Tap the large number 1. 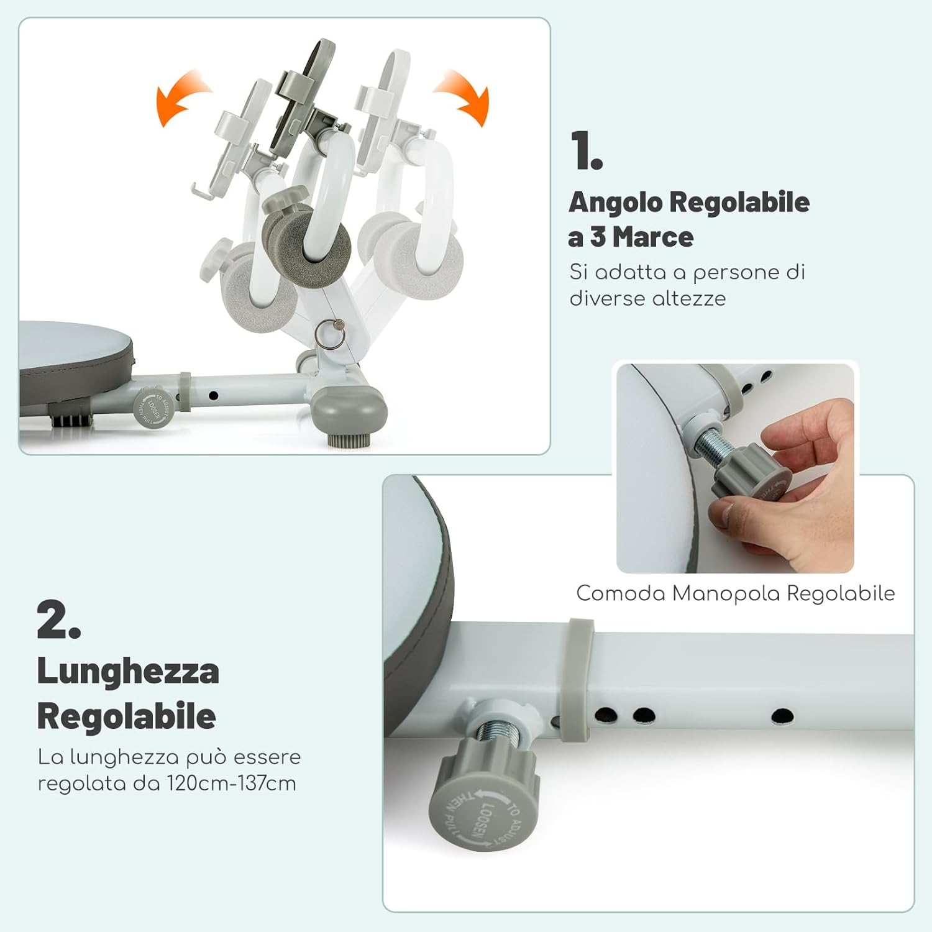(586, 151)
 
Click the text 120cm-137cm (231, 784)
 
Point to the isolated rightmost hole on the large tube (782, 716)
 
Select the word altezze (689, 299)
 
